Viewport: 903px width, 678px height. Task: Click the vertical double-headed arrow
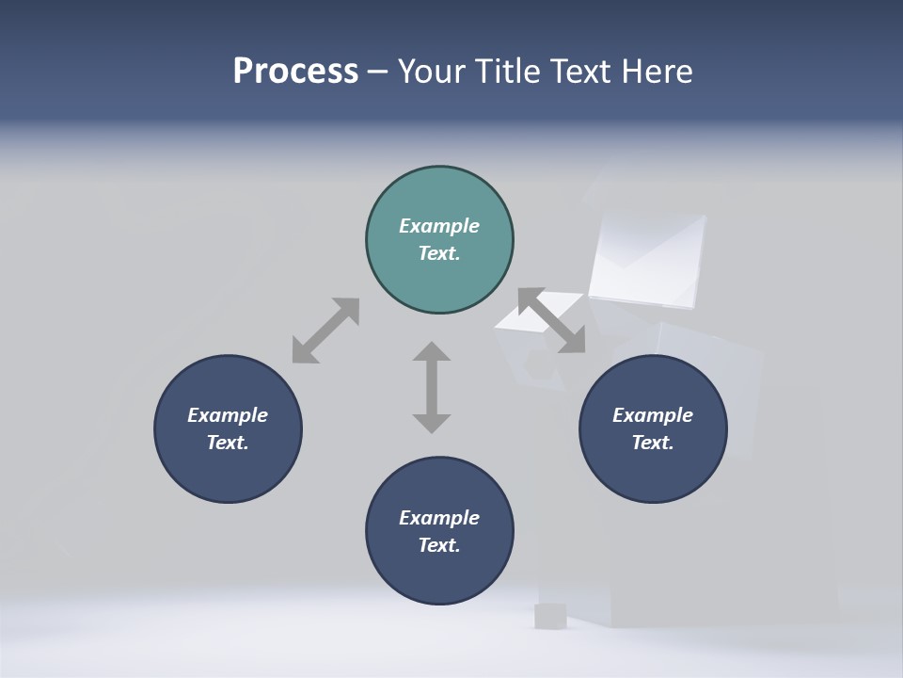point(432,387)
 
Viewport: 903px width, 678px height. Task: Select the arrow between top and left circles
point(325,331)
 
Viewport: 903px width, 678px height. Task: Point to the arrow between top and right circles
point(551,321)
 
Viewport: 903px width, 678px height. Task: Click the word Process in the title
point(295,71)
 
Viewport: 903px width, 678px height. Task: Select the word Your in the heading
point(434,71)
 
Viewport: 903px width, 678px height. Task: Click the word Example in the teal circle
point(439,226)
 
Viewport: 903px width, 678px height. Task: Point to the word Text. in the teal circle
point(439,253)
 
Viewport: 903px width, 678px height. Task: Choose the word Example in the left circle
point(228,415)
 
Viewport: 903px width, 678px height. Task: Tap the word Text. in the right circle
point(653,443)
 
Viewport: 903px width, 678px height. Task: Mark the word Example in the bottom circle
point(439,518)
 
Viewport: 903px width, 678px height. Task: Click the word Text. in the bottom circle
point(439,545)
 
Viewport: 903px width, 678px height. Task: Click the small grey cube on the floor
point(548,616)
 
